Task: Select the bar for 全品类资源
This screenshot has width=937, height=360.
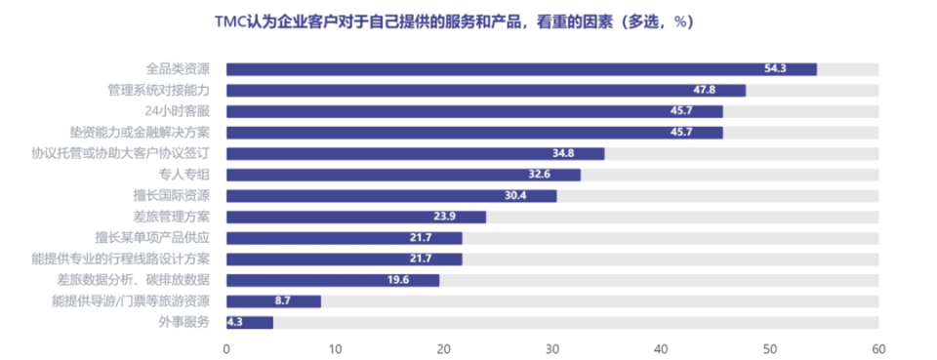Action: click(521, 69)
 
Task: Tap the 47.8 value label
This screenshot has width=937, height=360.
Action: click(728, 90)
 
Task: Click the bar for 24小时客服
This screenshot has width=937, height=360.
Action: click(474, 111)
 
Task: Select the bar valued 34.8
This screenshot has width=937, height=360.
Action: click(415, 153)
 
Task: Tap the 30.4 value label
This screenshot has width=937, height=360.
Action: click(540, 196)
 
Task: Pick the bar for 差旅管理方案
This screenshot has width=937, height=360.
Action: click(355, 217)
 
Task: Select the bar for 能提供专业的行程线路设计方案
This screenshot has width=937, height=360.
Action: click(344, 259)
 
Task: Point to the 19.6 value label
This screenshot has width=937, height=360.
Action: click(423, 280)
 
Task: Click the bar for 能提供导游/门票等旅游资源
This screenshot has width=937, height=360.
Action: click(273, 301)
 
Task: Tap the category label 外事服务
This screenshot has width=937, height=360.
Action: click(183, 322)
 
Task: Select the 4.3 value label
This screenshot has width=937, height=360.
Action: click(235, 323)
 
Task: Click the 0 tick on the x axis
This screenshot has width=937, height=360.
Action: click(226, 348)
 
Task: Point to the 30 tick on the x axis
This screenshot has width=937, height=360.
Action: click(552, 348)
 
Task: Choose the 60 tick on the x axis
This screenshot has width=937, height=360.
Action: click(878, 348)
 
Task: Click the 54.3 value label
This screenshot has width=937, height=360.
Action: click(799, 69)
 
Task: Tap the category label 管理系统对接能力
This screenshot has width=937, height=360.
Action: click(159, 90)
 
